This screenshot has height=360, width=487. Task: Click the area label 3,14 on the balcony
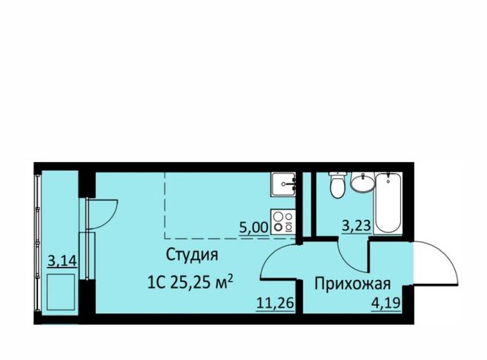(x=62, y=260)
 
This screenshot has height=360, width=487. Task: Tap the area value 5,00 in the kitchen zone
(x=253, y=228)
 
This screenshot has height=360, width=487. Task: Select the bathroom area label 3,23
(x=357, y=225)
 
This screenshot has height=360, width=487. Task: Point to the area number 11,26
(x=275, y=302)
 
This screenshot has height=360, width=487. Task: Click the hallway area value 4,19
(x=386, y=302)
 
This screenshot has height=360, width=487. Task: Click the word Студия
(x=192, y=255)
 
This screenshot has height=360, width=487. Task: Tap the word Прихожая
(x=352, y=284)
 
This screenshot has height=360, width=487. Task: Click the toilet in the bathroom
(x=337, y=185)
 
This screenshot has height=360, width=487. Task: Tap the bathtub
(x=387, y=203)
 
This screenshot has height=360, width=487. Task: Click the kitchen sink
(x=282, y=184)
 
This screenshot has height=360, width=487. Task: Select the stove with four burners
(x=282, y=221)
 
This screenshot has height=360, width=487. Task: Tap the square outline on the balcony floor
(x=61, y=292)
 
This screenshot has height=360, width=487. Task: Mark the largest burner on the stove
(x=278, y=227)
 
